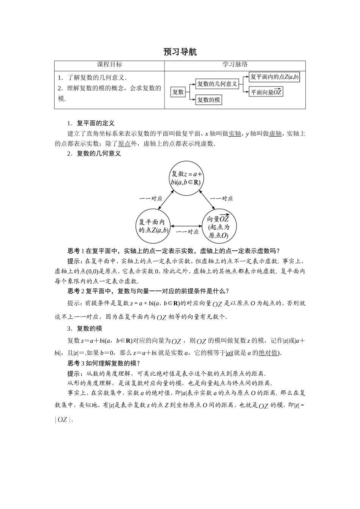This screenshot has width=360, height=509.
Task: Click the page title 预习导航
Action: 180,52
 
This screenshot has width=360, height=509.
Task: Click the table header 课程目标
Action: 110,65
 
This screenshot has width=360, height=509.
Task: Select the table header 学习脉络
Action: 235,65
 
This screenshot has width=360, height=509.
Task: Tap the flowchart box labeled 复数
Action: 178,92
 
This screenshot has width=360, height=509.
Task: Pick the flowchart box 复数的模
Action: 209,100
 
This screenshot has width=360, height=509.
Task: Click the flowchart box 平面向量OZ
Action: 266,92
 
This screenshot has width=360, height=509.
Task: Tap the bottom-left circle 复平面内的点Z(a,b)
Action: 153,226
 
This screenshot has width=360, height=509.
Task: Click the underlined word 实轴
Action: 235,134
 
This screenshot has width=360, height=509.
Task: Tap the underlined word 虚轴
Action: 275,134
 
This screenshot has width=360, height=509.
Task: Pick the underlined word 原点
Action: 124,144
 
